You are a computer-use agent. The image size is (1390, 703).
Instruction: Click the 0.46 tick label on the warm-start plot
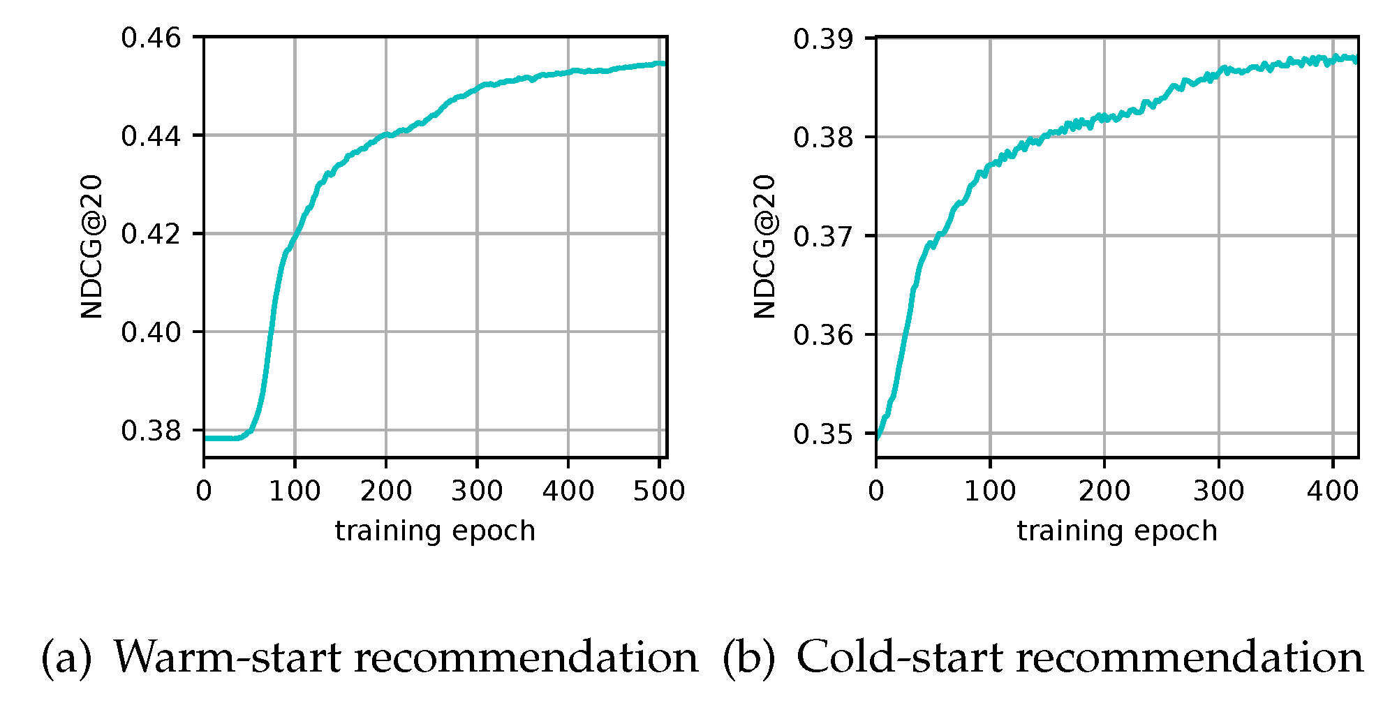151,37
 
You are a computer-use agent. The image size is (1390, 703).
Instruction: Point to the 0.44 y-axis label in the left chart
151,135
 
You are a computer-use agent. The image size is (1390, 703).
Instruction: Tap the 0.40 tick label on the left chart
151,332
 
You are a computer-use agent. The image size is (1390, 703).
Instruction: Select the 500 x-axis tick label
658,491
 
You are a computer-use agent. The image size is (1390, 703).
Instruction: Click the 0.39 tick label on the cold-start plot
823,38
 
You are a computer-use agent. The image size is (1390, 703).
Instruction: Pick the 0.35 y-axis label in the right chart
823,434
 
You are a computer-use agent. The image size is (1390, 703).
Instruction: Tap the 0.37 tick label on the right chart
823,236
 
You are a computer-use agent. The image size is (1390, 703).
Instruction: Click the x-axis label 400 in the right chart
1333,491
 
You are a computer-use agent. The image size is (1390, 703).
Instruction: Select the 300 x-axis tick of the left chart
477,491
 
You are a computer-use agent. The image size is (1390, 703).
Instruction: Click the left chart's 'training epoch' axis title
435,531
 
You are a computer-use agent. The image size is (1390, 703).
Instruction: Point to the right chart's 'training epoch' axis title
1117,531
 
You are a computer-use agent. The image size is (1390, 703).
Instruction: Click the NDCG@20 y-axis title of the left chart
92,246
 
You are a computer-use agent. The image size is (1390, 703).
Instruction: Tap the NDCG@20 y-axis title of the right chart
764,246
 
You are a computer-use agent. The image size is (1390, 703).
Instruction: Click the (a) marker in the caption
66,658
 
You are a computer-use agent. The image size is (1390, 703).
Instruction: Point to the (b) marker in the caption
748,658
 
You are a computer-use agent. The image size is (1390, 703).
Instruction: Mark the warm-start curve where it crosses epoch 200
386,135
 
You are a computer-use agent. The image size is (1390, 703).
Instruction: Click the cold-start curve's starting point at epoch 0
878,437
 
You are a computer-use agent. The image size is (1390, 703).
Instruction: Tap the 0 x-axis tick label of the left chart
204,491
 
